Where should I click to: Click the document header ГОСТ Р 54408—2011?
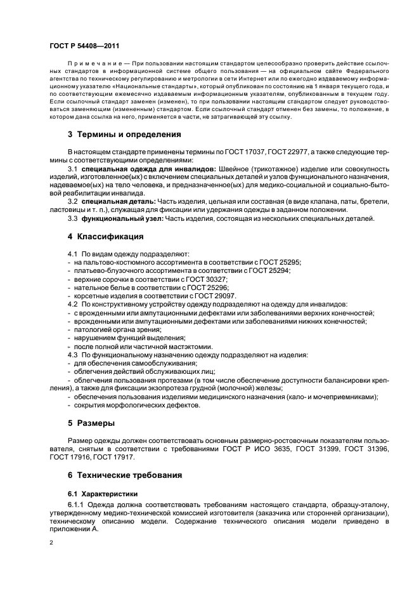pos(80,46)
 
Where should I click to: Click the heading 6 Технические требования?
pos(125,474)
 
